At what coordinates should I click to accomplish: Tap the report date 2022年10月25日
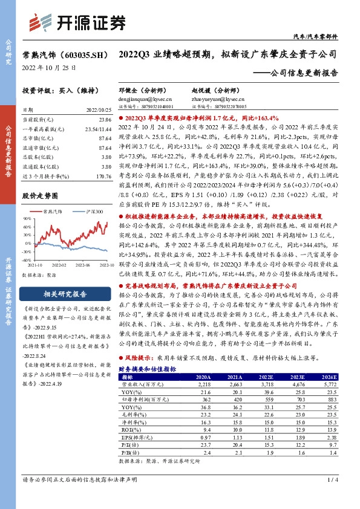coord(50,68)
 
